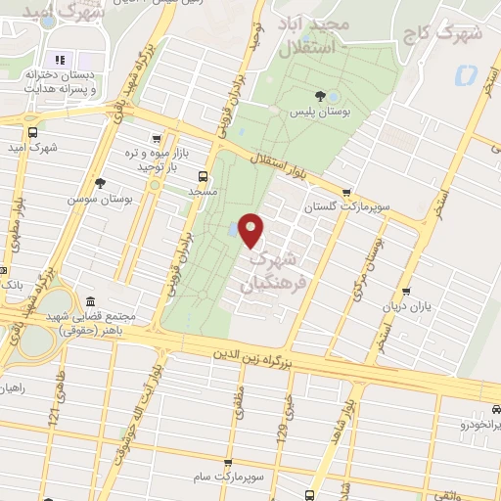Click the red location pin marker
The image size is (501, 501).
(251, 230)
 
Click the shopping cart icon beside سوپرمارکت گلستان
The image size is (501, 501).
(345, 193)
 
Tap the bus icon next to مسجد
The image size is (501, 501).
(203, 176)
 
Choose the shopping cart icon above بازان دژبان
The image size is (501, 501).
(405, 291)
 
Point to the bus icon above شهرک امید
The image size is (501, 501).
(33, 132)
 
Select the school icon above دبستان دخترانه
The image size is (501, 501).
(58, 60)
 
